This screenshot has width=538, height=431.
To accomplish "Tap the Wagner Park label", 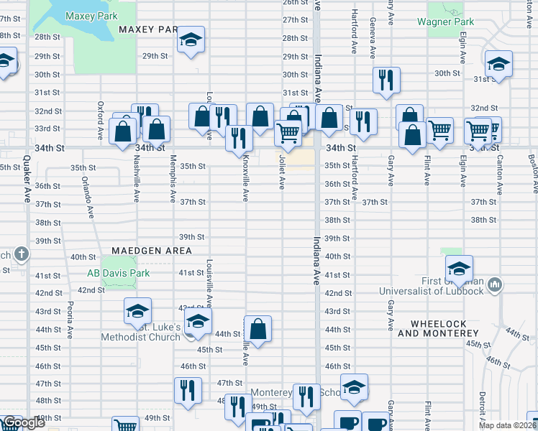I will click(x=451, y=22).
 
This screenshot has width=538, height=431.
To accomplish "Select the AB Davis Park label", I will click(x=118, y=273).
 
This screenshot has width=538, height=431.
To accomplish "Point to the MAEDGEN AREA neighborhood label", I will click(x=152, y=250).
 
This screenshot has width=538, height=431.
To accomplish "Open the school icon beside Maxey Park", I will click(x=191, y=40).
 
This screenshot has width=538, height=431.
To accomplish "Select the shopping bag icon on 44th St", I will click(x=257, y=329).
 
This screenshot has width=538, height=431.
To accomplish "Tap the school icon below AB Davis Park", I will click(x=137, y=310).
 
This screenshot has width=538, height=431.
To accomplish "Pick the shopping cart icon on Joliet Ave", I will click(x=288, y=132).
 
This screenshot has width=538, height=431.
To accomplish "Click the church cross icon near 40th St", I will click(x=22, y=254).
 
